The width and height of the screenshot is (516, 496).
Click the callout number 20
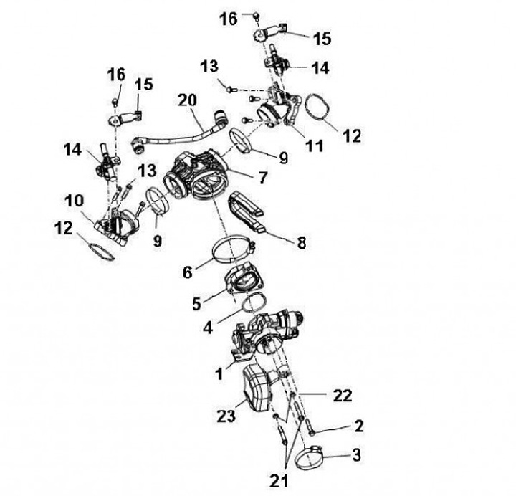click(187, 100)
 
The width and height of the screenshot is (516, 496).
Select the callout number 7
click(262, 178)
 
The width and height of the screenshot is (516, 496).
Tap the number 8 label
click(302, 243)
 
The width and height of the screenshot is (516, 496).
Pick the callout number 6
click(187, 272)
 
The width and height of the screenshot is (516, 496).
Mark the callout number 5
click(196, 304)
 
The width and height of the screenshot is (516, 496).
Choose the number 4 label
click(208, 328)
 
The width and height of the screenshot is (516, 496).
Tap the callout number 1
click(219, 374)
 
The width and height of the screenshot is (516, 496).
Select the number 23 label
click(226, 416)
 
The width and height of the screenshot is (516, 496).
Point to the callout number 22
click(343, 396)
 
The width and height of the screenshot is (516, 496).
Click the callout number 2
click(359, 426)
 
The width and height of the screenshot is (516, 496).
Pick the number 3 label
click(357, 455)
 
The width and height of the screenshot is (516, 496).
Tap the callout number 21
click(279, 481)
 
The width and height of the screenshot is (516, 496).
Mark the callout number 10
click(75, 201)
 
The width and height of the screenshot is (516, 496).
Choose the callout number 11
click(315, 146)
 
